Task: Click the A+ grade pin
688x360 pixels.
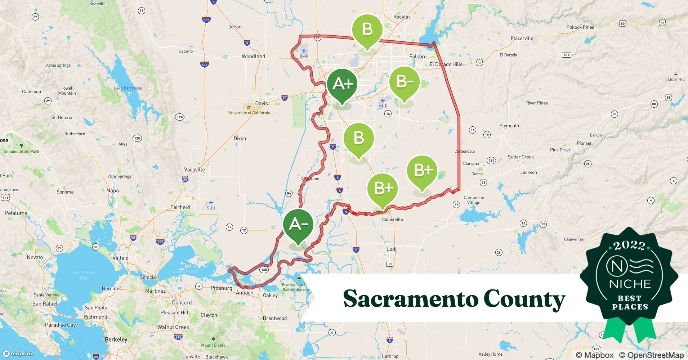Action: (x=342, y=84)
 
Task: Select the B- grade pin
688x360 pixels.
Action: (x=404, y=82)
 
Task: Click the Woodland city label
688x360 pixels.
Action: (x=253, y=57)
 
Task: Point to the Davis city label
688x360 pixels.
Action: (x=262, y=103)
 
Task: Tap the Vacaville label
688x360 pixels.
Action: (x=194, y=170)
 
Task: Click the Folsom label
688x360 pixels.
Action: (x=418, y=57)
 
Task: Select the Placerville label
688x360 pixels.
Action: (x=522, y=39)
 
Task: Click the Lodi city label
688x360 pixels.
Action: (x=391, y=249)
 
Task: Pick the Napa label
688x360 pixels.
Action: (x=112, y=190)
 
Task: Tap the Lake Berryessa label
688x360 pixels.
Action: (x=128, y=88)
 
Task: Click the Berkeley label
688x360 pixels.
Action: (x=116, y=339)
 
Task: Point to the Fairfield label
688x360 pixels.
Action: (x=180, y=207)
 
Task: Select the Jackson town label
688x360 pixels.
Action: (x=528, y=172)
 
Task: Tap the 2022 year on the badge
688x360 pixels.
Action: (x=629, y=246)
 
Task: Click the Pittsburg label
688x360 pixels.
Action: (x=221, y=288)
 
